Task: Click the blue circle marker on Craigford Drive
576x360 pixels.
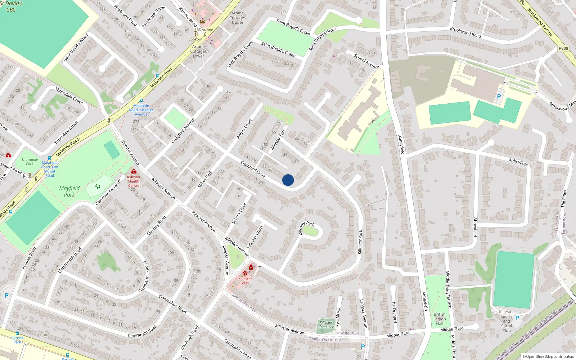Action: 288,180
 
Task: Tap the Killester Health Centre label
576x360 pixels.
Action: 134,181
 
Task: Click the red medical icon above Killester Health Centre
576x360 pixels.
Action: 134,171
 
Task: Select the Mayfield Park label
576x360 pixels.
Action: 69,192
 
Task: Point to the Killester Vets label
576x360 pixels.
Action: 245,281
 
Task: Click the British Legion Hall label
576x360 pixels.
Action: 440,319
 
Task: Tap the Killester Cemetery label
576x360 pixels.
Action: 326,324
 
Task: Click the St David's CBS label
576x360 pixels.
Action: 11,6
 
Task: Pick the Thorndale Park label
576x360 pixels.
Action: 30,162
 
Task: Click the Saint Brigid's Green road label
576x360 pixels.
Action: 278,50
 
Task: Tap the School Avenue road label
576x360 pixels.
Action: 366,61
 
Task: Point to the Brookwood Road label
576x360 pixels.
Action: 465,32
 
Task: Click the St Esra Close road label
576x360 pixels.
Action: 239,213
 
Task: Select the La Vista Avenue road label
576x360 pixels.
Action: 364,314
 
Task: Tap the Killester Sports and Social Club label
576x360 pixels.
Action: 507,321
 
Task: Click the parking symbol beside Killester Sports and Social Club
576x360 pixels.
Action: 517,318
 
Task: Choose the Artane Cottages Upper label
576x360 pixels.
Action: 238,18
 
